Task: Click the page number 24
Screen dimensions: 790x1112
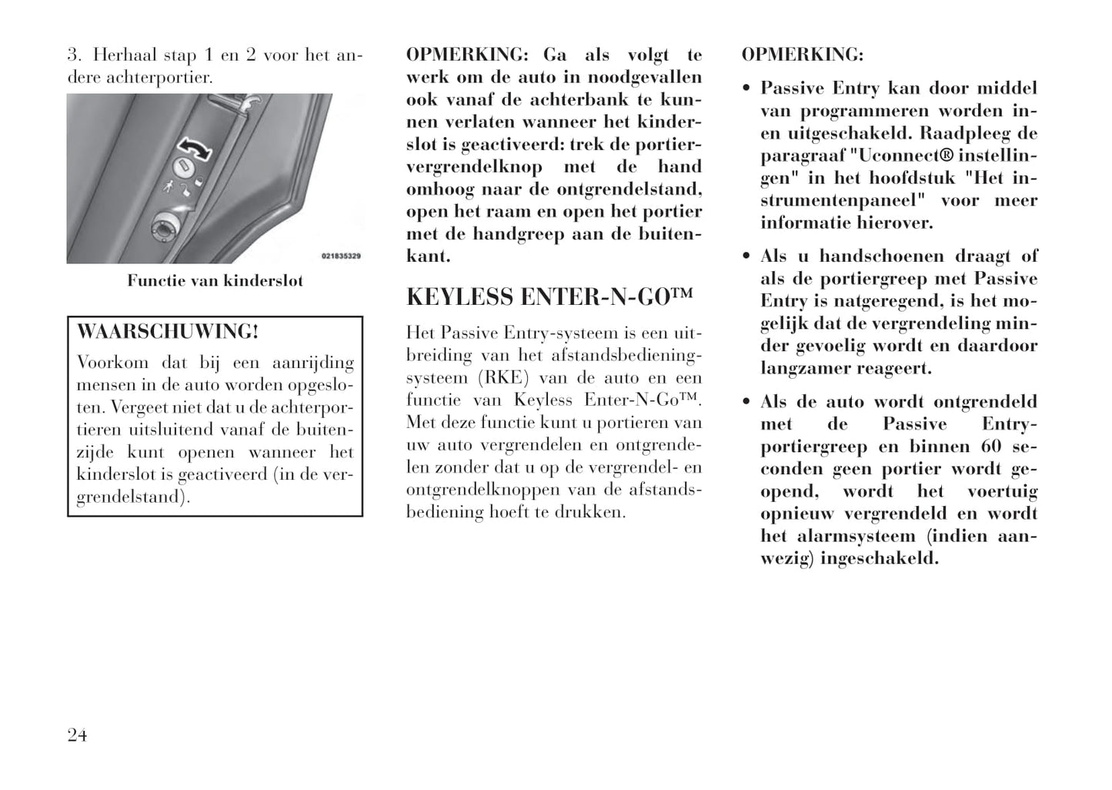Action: pyautogui.click(x=77, y=735)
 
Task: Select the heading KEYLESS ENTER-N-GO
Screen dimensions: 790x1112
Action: pyautogui.click(x=549, y=297)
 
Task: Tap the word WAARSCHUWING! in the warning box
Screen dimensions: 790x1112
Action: pyautogui.click(x=168, y=332)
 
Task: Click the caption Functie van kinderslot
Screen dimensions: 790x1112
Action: pyautogui.click(x=215, y=281)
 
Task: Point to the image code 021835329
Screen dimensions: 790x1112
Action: pyautogui.click(x=341, y=256)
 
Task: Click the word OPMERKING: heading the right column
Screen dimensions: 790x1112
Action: pyautogui.click(x=803, y=55)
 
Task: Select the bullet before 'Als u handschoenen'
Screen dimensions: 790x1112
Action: pyautogui.click(x=746, y=256)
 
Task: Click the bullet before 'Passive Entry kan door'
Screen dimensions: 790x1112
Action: pyautogui.click(x=746, y=89)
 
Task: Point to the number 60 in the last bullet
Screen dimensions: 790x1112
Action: pyautogui.click(x=991, y=447)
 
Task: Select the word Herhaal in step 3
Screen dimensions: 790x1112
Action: pyautogui.click(x=122, y=55)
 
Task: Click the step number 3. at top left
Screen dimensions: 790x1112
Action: pyautogui.click(x=74, y=55)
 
